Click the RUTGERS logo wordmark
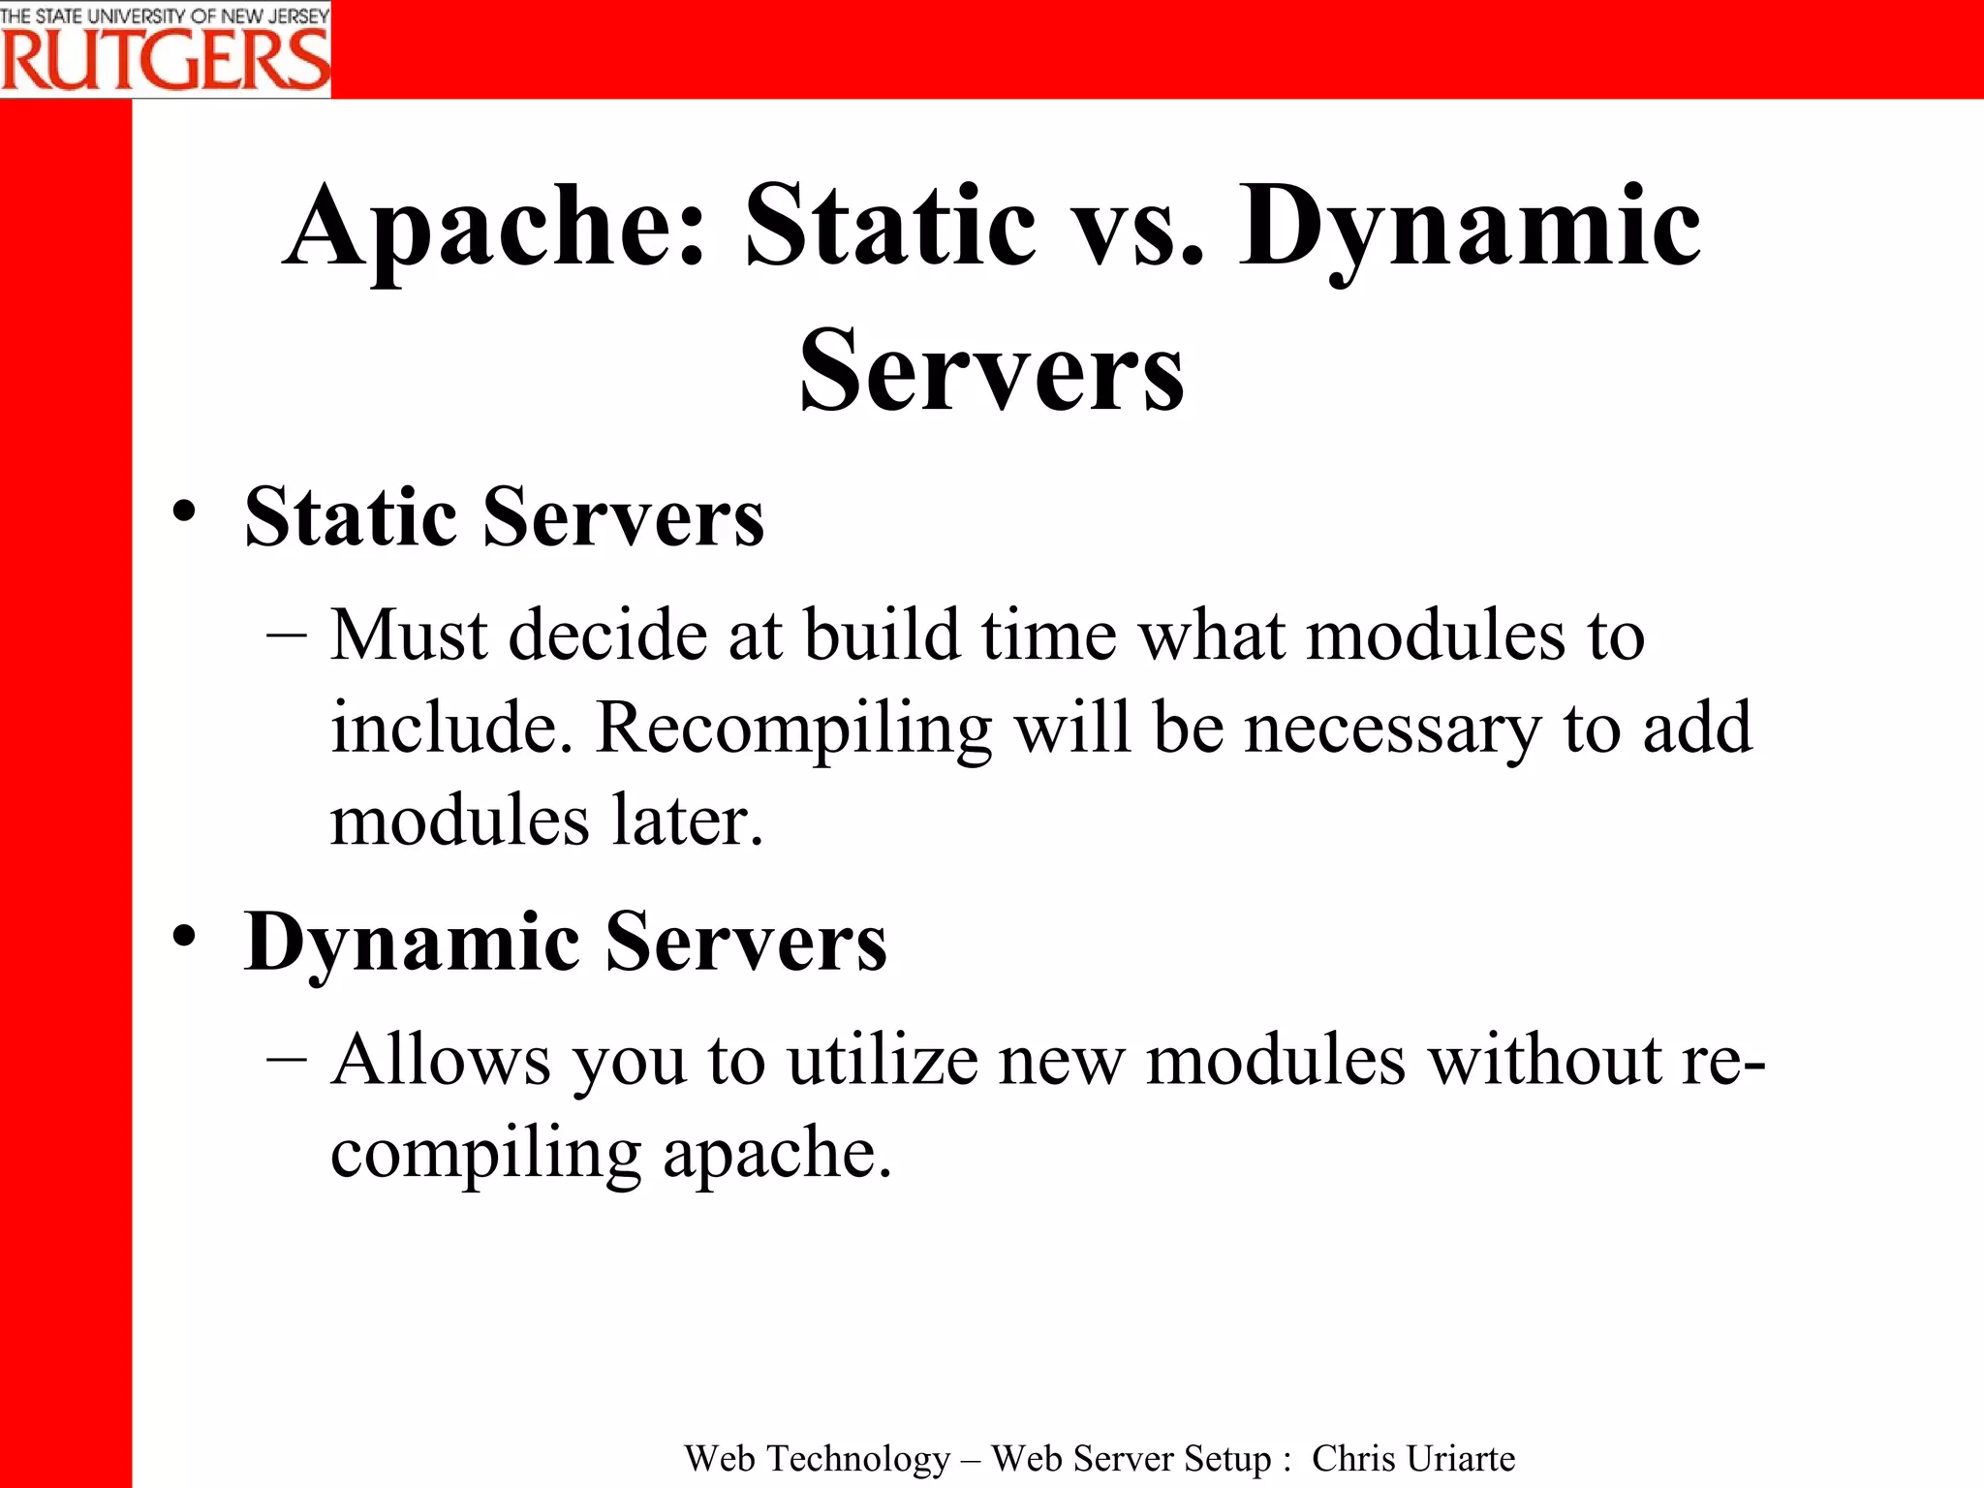coord(165,60)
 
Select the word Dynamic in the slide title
coord(1470,228)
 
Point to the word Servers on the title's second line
coord(991,371)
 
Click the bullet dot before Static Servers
coord(184,511)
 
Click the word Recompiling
coord(793,728)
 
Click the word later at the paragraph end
coord(688,821)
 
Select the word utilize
coord(882,1060)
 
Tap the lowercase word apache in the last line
coord(776,1154)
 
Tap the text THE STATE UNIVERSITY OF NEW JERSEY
coord(165,15)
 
